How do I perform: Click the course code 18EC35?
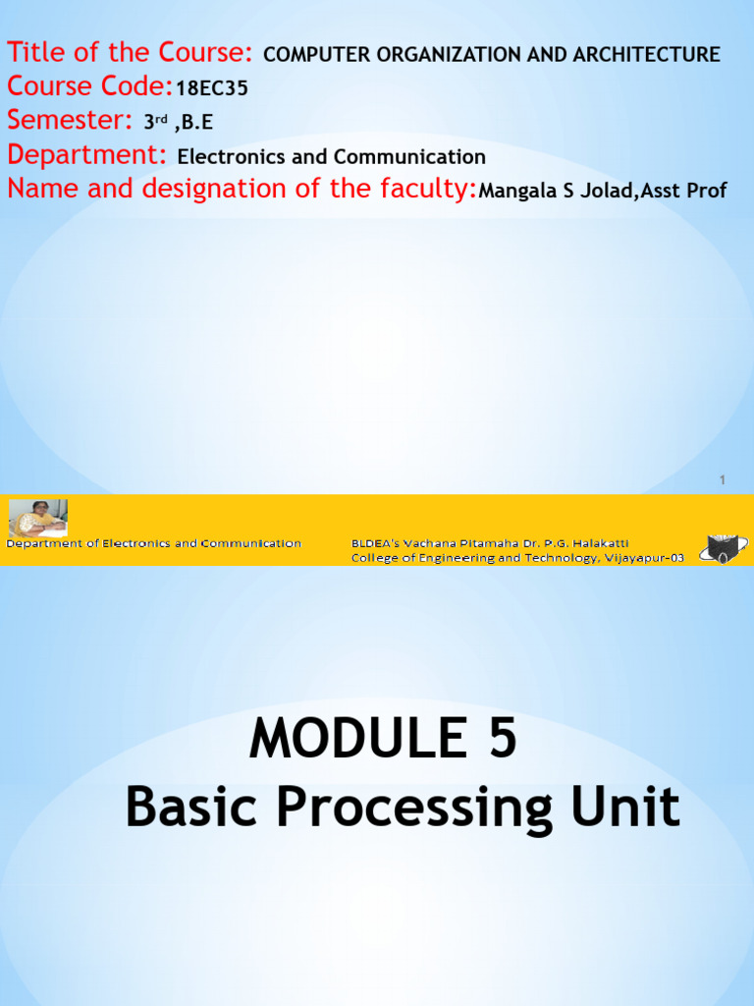pos(212,89)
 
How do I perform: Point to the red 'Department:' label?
pos(87,155)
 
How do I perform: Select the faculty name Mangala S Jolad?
pos(551,191)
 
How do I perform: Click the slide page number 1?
pos(723,480)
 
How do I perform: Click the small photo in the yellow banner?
pos(38,517)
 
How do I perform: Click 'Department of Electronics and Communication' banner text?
pos(154,543)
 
